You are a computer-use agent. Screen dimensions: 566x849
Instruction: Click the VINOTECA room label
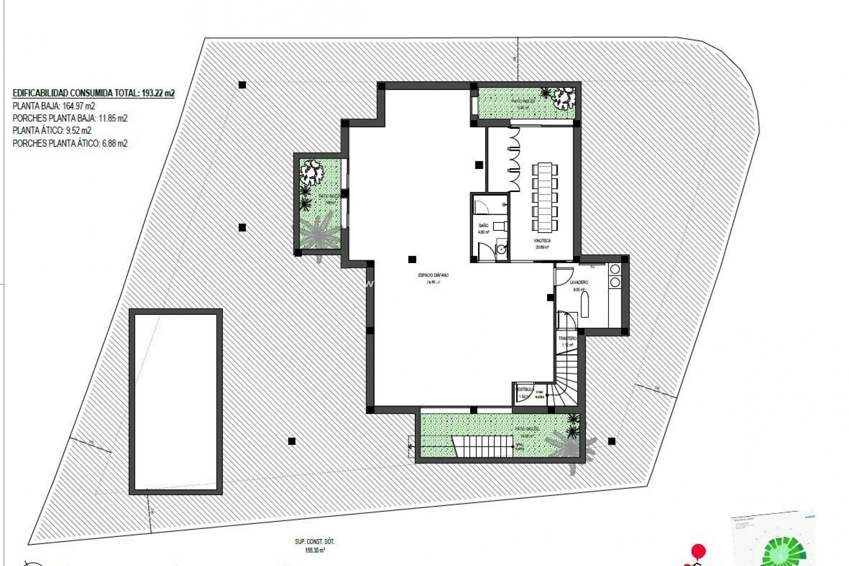pyautogui.click(x=543, y=241)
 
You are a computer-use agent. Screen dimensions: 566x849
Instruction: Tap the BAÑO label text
pyautogui.click(x=483, y=226)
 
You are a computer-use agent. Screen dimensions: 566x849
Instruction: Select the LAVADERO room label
pyautogui.click(x=579, y=282)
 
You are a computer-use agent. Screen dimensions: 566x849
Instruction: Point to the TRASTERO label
pyautogui.click(x=567, y=338)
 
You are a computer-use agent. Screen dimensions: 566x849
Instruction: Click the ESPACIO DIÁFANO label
pyautogui.click(x=433, y=275)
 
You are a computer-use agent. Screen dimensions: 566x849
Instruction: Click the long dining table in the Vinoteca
pyautogui.click(x=545, y=198)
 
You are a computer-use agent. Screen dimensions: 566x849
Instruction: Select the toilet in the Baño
pyautogui.click(x=498, y=226)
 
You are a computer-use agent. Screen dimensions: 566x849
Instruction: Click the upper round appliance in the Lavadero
pyautogui.click(x=615, y=269)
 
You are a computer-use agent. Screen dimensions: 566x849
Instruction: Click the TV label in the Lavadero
pyautogui.click(x=592, y=267)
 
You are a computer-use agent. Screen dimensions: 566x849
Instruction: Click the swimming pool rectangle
pyautogui.click(x=176, y=402)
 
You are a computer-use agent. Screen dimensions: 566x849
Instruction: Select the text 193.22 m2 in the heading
pyautogui.click(x=157, y=93)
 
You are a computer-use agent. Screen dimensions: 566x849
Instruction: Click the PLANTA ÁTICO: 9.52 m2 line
pyautogui.click(x=52, y=131)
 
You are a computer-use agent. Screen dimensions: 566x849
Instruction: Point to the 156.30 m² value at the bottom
pyautogui.click(x=315, y=551)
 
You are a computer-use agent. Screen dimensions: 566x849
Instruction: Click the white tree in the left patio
pyautogui.click(x=313, y=172)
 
